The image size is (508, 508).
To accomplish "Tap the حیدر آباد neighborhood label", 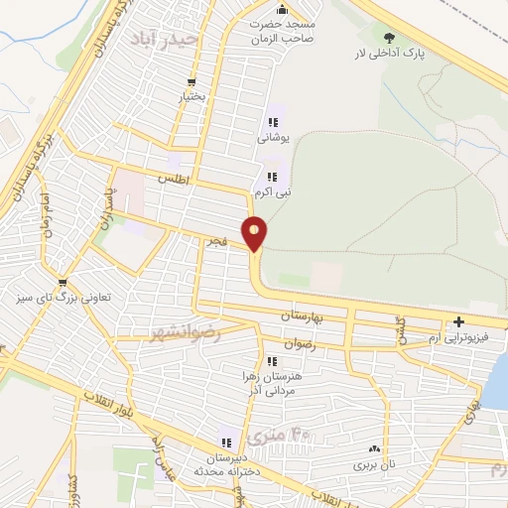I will coord(166,39).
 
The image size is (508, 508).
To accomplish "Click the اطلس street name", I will coord(172,179).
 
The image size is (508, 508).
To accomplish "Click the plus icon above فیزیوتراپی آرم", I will coord(459,321).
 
